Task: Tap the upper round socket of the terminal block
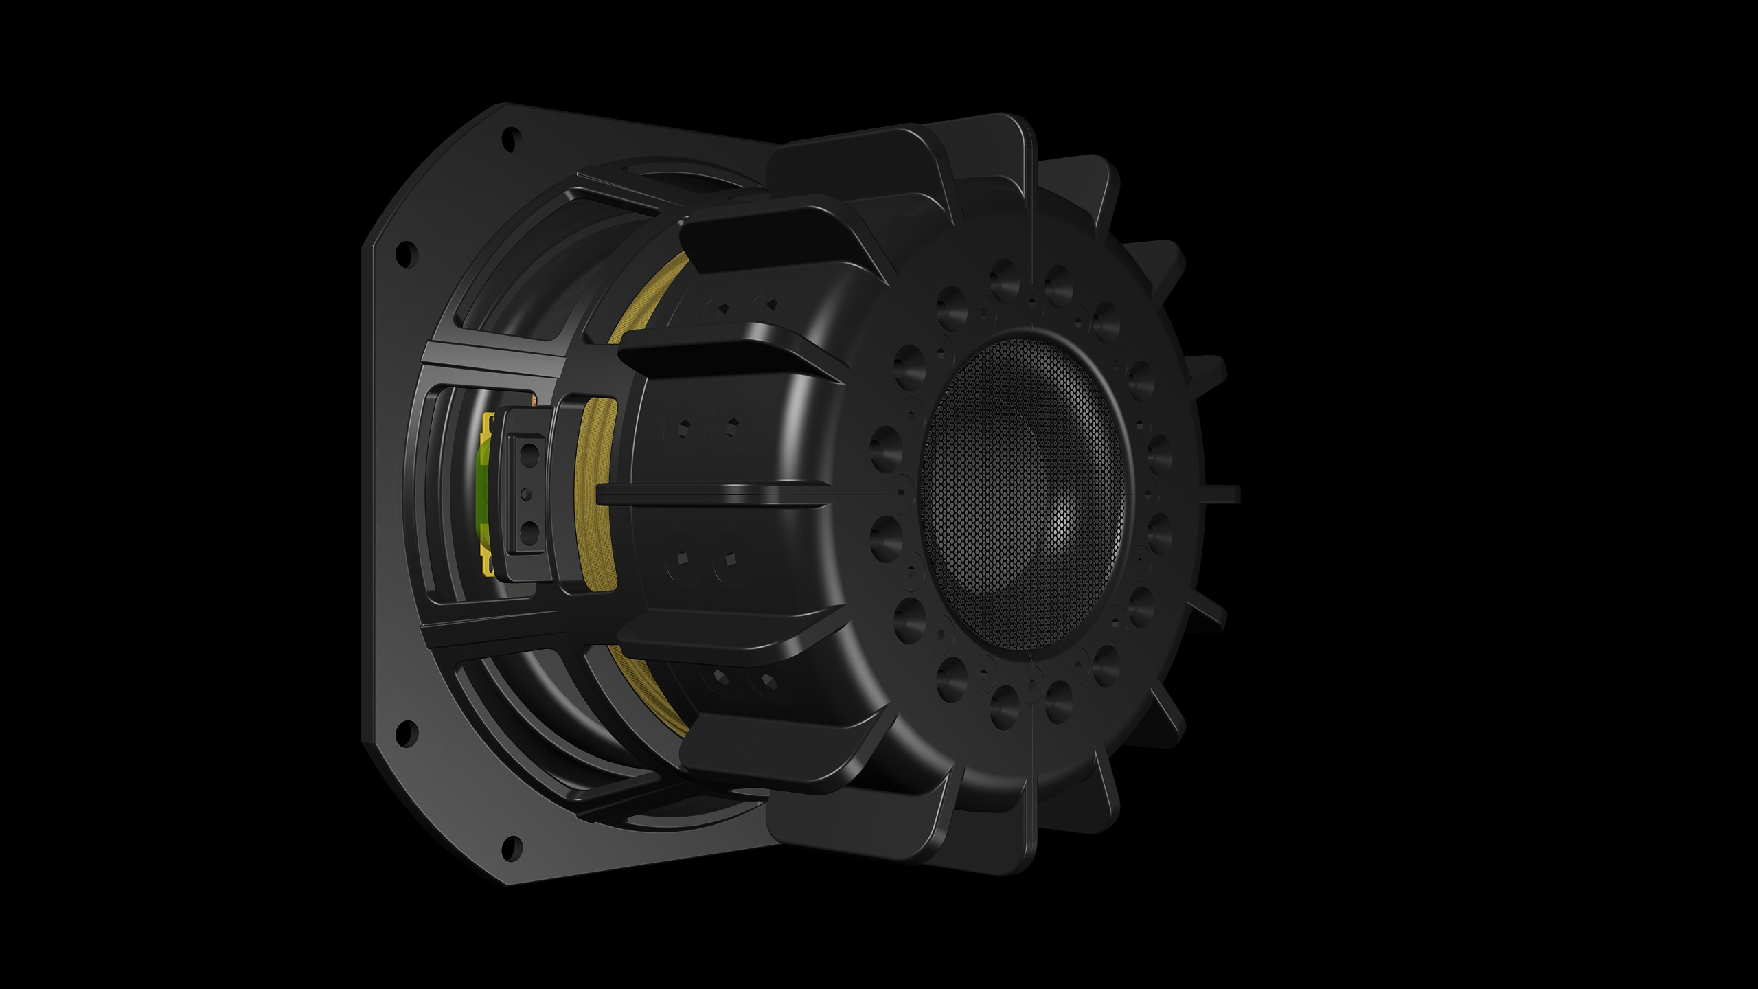(x=530, y=452)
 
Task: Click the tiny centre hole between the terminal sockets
(x=527, y=492)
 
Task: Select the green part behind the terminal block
(x=483, y=491)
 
